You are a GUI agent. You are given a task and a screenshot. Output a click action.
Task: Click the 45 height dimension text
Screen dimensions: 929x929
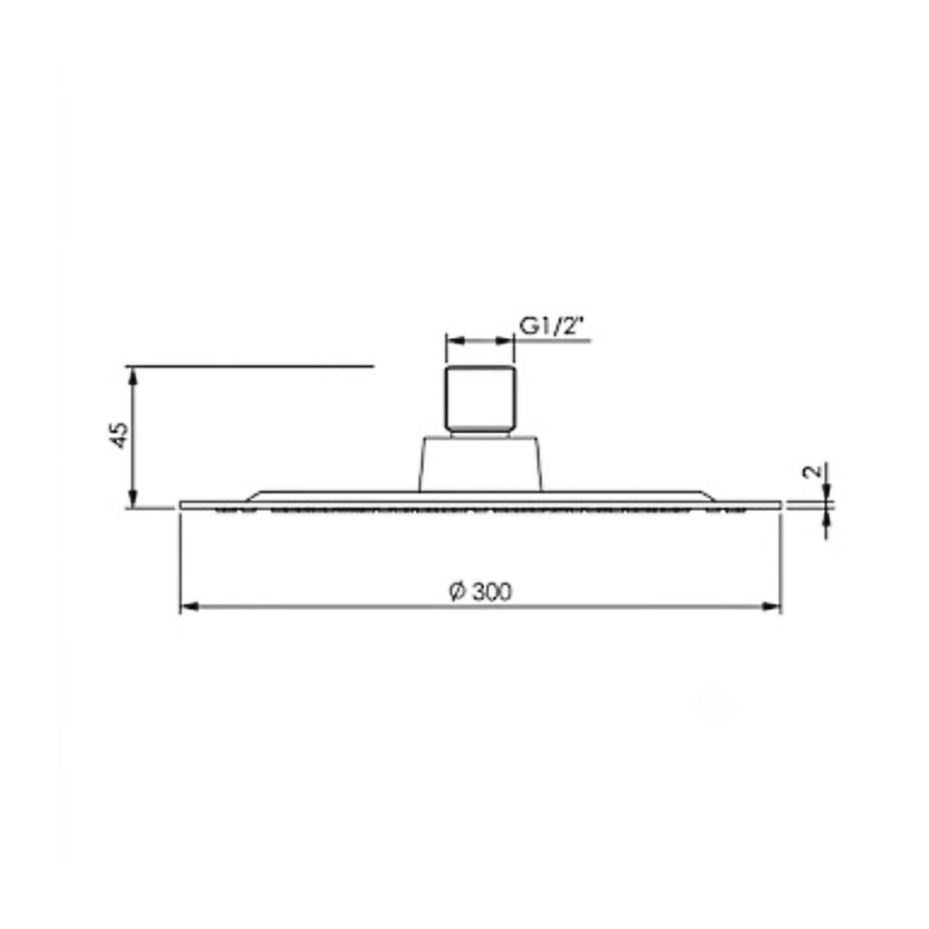[x=120, y=435]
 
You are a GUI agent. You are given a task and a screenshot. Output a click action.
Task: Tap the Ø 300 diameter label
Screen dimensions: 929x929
[x=480, y=592]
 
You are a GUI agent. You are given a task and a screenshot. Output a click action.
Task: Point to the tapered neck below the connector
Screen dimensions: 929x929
[x=480, y=464]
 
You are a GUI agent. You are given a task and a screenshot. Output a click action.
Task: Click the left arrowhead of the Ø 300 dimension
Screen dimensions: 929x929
[x=189, y=606]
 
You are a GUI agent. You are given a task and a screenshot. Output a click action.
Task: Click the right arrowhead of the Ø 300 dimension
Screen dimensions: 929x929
[x=771, y=606]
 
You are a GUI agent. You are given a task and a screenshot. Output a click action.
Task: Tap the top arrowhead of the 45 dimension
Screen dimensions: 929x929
[x=133, y=376]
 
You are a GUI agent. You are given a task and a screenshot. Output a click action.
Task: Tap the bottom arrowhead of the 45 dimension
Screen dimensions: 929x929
[x=133, y=499]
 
